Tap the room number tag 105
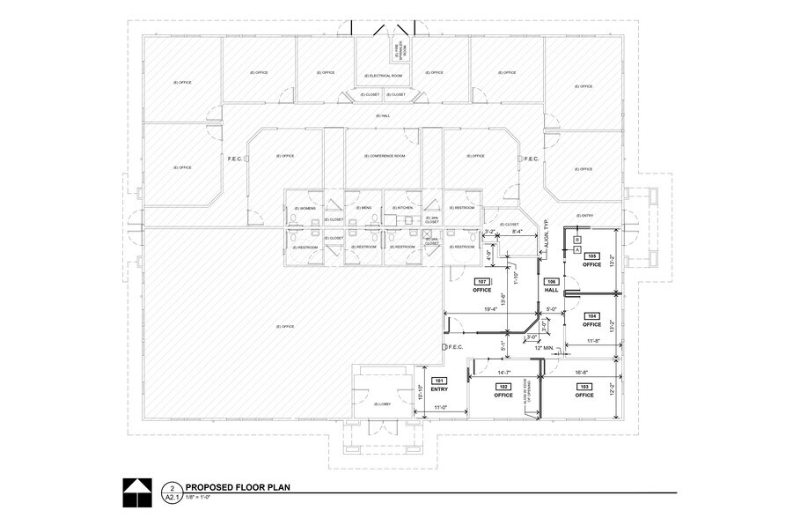point(592,255)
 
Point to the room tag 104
point(592,315)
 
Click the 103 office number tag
point(583,387)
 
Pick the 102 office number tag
point(503,387)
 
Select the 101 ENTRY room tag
point(440,381)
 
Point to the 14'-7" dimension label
point(503,374)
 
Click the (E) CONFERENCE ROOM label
point(385,156)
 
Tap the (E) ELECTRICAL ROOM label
point(385,76)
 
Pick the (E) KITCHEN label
point(404,208)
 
